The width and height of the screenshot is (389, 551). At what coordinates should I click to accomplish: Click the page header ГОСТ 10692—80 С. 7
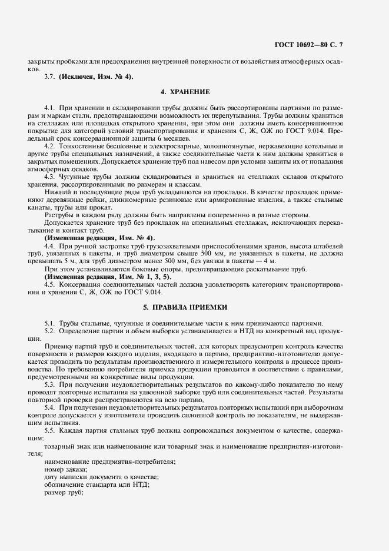334,45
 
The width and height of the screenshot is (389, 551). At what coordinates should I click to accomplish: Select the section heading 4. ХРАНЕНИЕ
185,92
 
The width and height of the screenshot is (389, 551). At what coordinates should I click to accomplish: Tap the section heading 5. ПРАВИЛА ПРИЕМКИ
185,308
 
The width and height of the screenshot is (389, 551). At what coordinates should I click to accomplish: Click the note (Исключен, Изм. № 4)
96,77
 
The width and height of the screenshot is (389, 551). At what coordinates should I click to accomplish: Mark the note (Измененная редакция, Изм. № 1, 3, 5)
108,277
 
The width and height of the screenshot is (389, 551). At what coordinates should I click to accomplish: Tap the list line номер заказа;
65,469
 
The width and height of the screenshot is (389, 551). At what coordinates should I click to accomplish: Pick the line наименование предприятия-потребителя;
109,462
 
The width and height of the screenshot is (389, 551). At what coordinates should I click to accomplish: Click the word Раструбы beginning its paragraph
61,216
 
